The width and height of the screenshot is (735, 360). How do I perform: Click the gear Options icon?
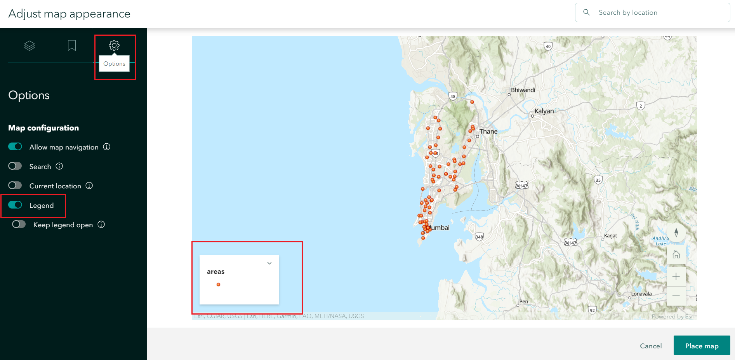tap(114, 45)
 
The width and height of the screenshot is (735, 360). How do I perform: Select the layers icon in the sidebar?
tap(30, 46)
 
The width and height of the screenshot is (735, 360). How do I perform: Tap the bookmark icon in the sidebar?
tap(72, 46)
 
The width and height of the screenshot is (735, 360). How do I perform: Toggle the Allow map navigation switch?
tap(15, 147)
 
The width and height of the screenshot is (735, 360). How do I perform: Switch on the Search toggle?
tap(15, 166)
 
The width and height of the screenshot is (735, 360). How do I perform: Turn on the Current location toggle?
tap(15, 186)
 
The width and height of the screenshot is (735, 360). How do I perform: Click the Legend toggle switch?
tap(15, 205)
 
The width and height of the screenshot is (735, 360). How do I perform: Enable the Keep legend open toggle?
tap(19, 224)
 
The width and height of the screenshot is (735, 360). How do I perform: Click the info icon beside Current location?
tap(89, 186)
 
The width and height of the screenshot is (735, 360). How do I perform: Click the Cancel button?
tap(651, 346)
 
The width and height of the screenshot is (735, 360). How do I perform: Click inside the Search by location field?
tap(660, 12)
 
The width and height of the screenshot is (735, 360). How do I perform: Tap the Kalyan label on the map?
tap(544, 111)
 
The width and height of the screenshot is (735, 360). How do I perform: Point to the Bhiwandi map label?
tap(523, 90)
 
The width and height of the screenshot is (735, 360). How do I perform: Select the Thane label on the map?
tap(488, 132)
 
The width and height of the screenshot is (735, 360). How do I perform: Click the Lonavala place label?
tap(641, 294)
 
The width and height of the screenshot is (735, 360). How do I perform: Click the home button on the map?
tap(676, 255)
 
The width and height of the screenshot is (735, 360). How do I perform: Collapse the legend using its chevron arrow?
tap(269, 263)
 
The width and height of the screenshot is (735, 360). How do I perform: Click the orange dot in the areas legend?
tap(218, 285)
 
